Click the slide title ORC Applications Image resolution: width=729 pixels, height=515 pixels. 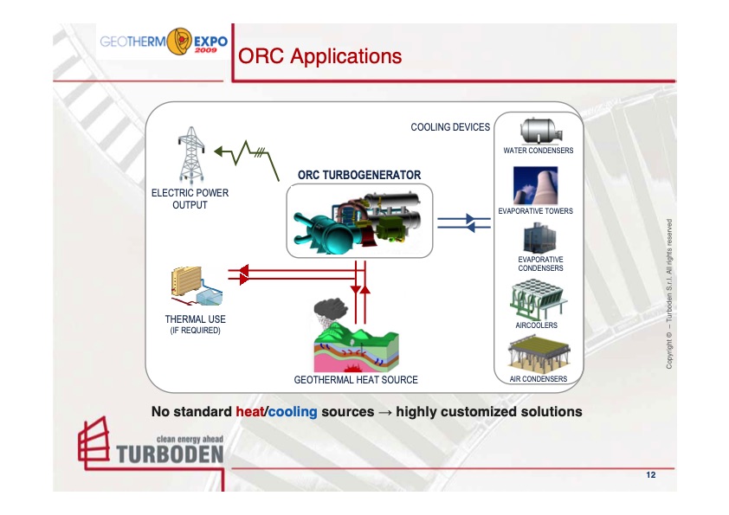tap(319, 56)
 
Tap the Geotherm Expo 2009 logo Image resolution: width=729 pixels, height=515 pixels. tap(164, 42)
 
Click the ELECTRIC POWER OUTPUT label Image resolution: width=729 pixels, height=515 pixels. tap(190, 198)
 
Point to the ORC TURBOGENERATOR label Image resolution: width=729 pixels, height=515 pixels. tap(359, 175)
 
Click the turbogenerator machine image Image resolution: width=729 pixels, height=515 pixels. tap(358, 220)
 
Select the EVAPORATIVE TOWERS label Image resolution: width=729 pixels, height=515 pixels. tap(536, 211)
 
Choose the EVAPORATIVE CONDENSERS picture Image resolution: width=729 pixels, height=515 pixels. tap(539, 237)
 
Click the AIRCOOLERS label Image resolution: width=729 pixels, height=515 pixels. tap(536, 325)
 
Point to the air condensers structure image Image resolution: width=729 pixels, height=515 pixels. tap(537, 354)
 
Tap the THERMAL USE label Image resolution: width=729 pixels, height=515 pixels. tap(195, 319)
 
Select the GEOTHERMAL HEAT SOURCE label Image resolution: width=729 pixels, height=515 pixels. tap(356, 380)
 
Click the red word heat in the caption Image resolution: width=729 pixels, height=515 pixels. tap(248, 412)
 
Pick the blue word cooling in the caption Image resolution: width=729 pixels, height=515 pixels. tap(293, 412)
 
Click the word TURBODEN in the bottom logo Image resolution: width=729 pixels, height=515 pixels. tap(169, 454)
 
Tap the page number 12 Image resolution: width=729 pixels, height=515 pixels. tap(650, 476)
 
